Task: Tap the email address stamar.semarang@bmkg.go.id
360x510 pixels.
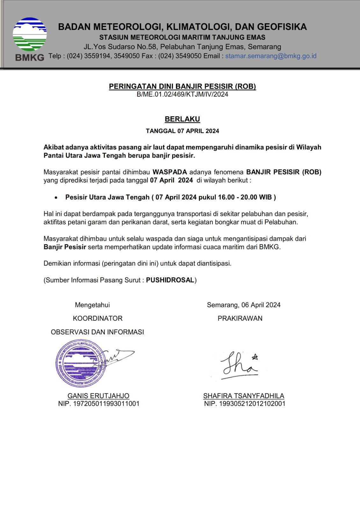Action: [271, 56]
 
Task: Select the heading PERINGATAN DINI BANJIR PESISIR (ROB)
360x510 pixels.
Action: [182, 86]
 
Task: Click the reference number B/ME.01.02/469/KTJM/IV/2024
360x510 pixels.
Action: [182, 94]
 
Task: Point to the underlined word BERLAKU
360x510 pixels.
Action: [182, 119]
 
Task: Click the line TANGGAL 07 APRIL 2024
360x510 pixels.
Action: [182, 131]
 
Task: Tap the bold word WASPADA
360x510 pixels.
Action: [169, 172]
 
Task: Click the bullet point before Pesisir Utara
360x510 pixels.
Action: [56, 198]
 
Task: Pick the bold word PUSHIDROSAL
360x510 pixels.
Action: [170, 280]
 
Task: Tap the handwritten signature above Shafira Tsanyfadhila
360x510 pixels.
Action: [239, 364]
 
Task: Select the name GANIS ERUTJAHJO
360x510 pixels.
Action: [98, 396]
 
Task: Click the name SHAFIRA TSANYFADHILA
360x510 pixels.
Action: [244, 396]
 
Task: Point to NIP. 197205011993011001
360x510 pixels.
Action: [98, 404]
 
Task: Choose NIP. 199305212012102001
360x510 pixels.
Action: [245, 404]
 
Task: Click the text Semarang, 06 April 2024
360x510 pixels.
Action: [244, 305]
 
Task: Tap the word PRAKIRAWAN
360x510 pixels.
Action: [240, 318]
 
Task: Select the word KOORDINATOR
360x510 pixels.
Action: [97, 318]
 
